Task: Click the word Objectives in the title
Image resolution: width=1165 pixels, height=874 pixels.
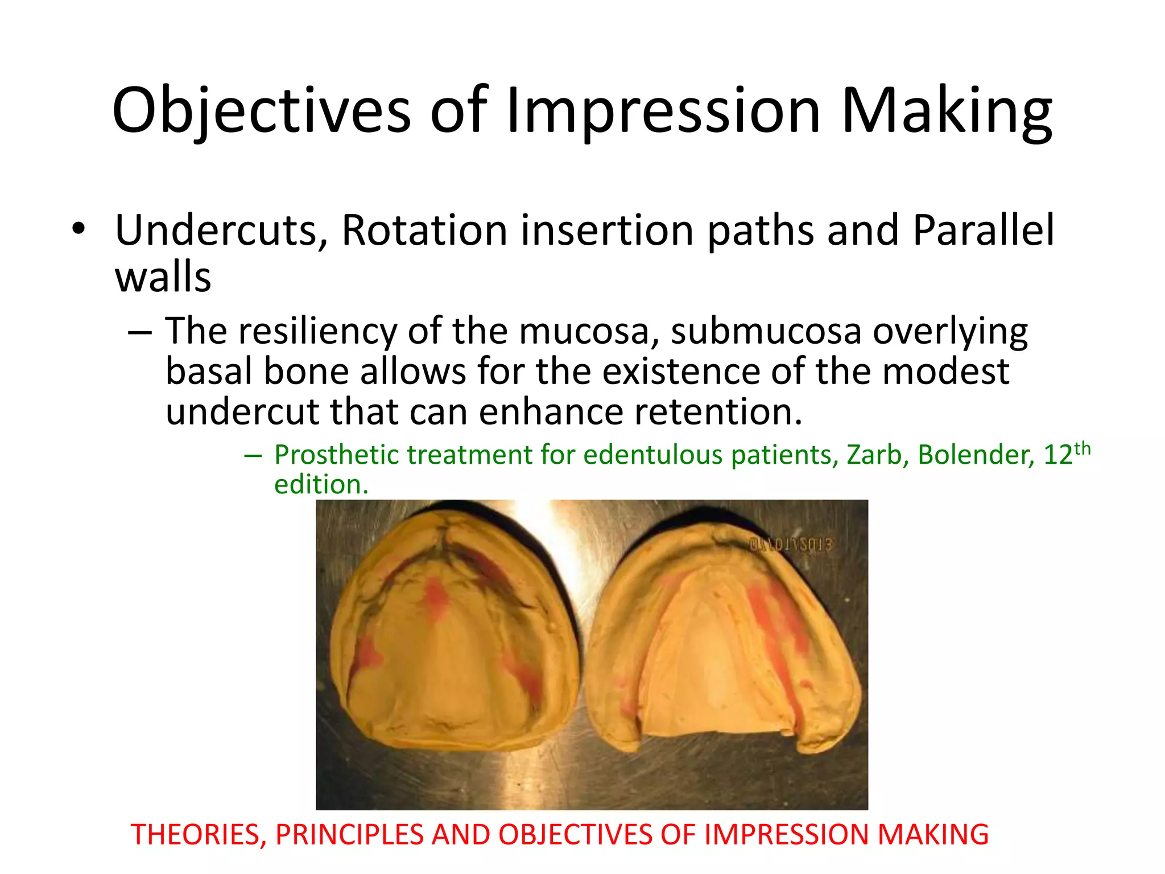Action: tap(261, 111)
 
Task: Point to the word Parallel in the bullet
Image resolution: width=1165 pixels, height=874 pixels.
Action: tap(984, 230)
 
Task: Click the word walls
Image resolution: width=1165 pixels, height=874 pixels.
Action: tap(163, 277)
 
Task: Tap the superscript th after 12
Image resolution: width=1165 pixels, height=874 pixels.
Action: tap(1082, 448)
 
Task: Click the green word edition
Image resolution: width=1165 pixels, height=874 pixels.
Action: tap(321, 485)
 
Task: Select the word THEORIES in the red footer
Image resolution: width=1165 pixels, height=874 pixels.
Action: tap(199, 835)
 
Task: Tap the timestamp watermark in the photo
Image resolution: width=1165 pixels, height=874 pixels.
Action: tap(791, 545)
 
